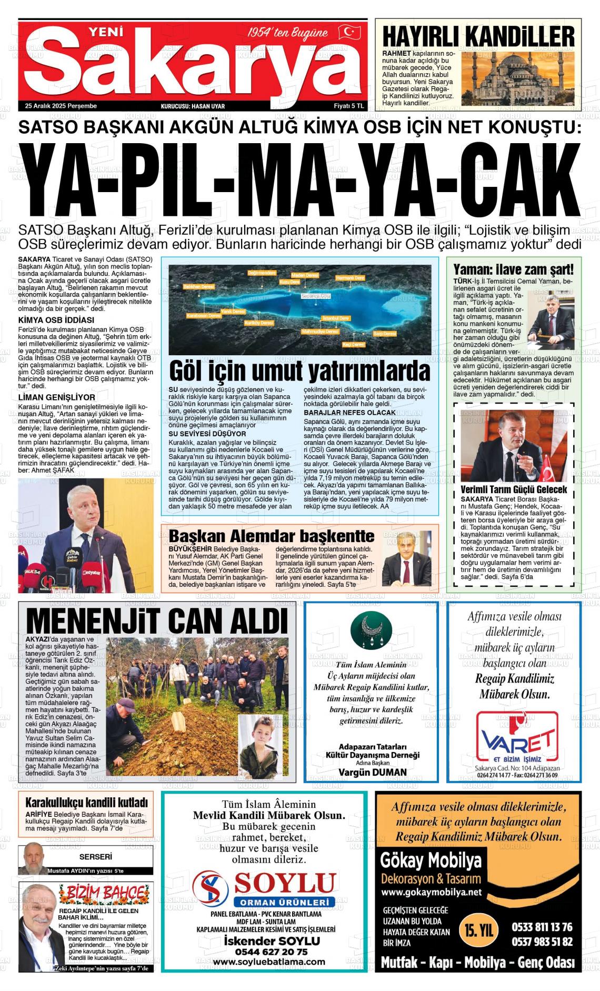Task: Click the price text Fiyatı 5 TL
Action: point(348,106)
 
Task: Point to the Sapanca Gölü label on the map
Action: point(316,296)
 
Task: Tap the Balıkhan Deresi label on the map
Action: point(198,286)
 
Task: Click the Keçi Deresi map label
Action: point(353,344)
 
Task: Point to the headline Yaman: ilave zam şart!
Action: point(513,270)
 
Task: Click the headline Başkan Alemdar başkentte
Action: point(272,536)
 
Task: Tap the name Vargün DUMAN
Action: point(372,772)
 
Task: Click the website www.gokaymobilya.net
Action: point(431,893)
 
